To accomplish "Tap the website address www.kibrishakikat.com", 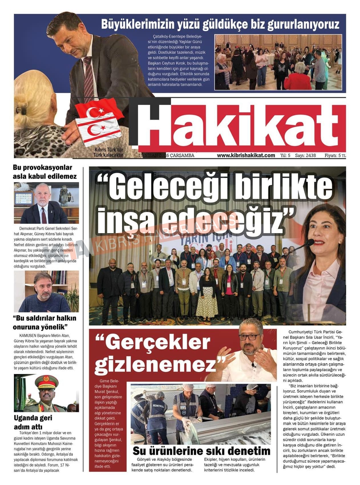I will pos(246,155).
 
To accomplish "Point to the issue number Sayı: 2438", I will pos(305,155).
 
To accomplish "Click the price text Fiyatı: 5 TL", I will pos(335,155).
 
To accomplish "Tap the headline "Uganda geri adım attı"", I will pos(33,422).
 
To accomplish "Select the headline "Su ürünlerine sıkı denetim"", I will pos(201,451).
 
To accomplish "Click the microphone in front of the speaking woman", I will pos(309,243).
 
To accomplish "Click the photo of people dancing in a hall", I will pos(278,62).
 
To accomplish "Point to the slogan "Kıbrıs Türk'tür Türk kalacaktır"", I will pos(108,153).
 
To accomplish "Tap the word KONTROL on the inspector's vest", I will pos(158,405).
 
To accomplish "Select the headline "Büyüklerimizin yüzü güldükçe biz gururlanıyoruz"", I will pos(220,24).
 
